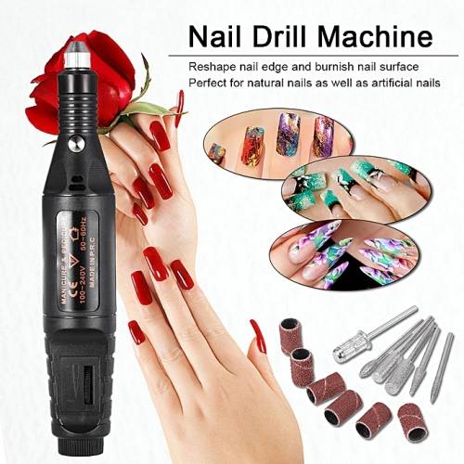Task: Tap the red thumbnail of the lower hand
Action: (259, 335)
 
